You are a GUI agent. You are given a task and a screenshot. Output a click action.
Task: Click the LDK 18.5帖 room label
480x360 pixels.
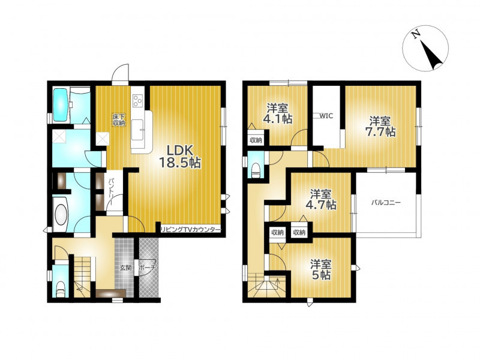pyautogui.click(x=179, y=156)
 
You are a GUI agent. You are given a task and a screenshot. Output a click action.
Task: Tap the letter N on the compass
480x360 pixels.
pyautogui.click(x=416, y=35)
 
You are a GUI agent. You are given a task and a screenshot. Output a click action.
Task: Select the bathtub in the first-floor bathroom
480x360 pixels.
pyautogui.click(x=61, y=104)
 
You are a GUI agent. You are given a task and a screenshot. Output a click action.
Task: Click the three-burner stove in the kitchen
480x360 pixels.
pyautogui.click(x=137, y=100)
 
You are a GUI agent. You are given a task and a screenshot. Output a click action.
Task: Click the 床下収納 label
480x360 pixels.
pyautogui.click(x=118, y=119)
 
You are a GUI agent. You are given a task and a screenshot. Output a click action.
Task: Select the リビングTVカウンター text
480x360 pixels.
pyautogui.click(x=191, y=230)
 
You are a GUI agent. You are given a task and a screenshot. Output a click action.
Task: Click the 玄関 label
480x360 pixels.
pyautogui.click(x=125, y=268)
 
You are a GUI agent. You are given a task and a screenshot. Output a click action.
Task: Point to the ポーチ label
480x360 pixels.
pyautogui.click(x=148, y=268)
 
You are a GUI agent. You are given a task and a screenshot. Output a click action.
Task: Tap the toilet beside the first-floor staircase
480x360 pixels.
pyautogui.click(x=61, y=289)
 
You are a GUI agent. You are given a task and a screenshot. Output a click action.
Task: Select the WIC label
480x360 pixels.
pyautogui.click(x=326, y=116)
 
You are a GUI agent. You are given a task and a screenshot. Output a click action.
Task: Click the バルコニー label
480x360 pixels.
pyautogui.click(x=386, y=202)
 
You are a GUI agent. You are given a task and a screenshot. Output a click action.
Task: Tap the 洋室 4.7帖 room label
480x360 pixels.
pyautogui.click(x=320, y=200)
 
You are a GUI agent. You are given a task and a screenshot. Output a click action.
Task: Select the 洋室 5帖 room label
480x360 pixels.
pyautogui.click(x=320, y=269)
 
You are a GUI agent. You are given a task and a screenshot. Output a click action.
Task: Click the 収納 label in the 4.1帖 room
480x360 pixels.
pyautogui.click(x=256, y=140)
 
